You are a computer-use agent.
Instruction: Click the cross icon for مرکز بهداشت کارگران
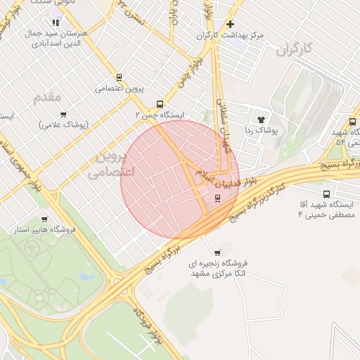pyautogui.click(x=230, y=24)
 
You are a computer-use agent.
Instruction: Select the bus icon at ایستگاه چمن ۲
pyautogui.click(x=160, y=103)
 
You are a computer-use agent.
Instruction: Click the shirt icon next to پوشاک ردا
pyautogui.click(x=261, y=120)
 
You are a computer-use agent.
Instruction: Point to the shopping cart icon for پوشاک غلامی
pyautogui.click(x=63, y=115)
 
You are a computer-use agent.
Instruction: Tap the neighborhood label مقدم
pyautogui.click(x=47, y=96)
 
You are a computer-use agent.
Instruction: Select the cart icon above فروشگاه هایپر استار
pyautogui.click(x=44, y=219)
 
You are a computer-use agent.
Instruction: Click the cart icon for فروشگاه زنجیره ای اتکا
pyautogui.click(x=217, y=252)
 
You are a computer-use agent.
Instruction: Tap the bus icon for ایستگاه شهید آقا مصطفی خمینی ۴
pyautogui.click(x=326, y=194)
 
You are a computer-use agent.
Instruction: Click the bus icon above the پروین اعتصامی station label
pyautogui.click(x=118, y=77)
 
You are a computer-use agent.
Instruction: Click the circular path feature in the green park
pyautogui.click(x=31, y=250)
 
